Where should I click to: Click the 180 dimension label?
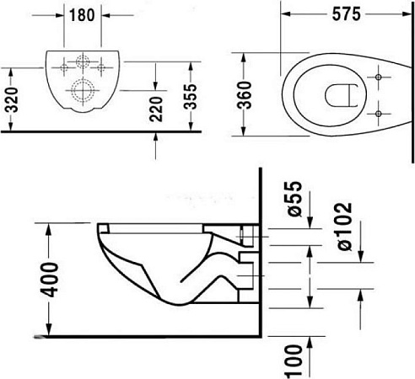click(84, 16)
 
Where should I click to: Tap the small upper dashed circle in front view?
click(84, 61)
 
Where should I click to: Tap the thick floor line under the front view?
click(101, 132)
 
